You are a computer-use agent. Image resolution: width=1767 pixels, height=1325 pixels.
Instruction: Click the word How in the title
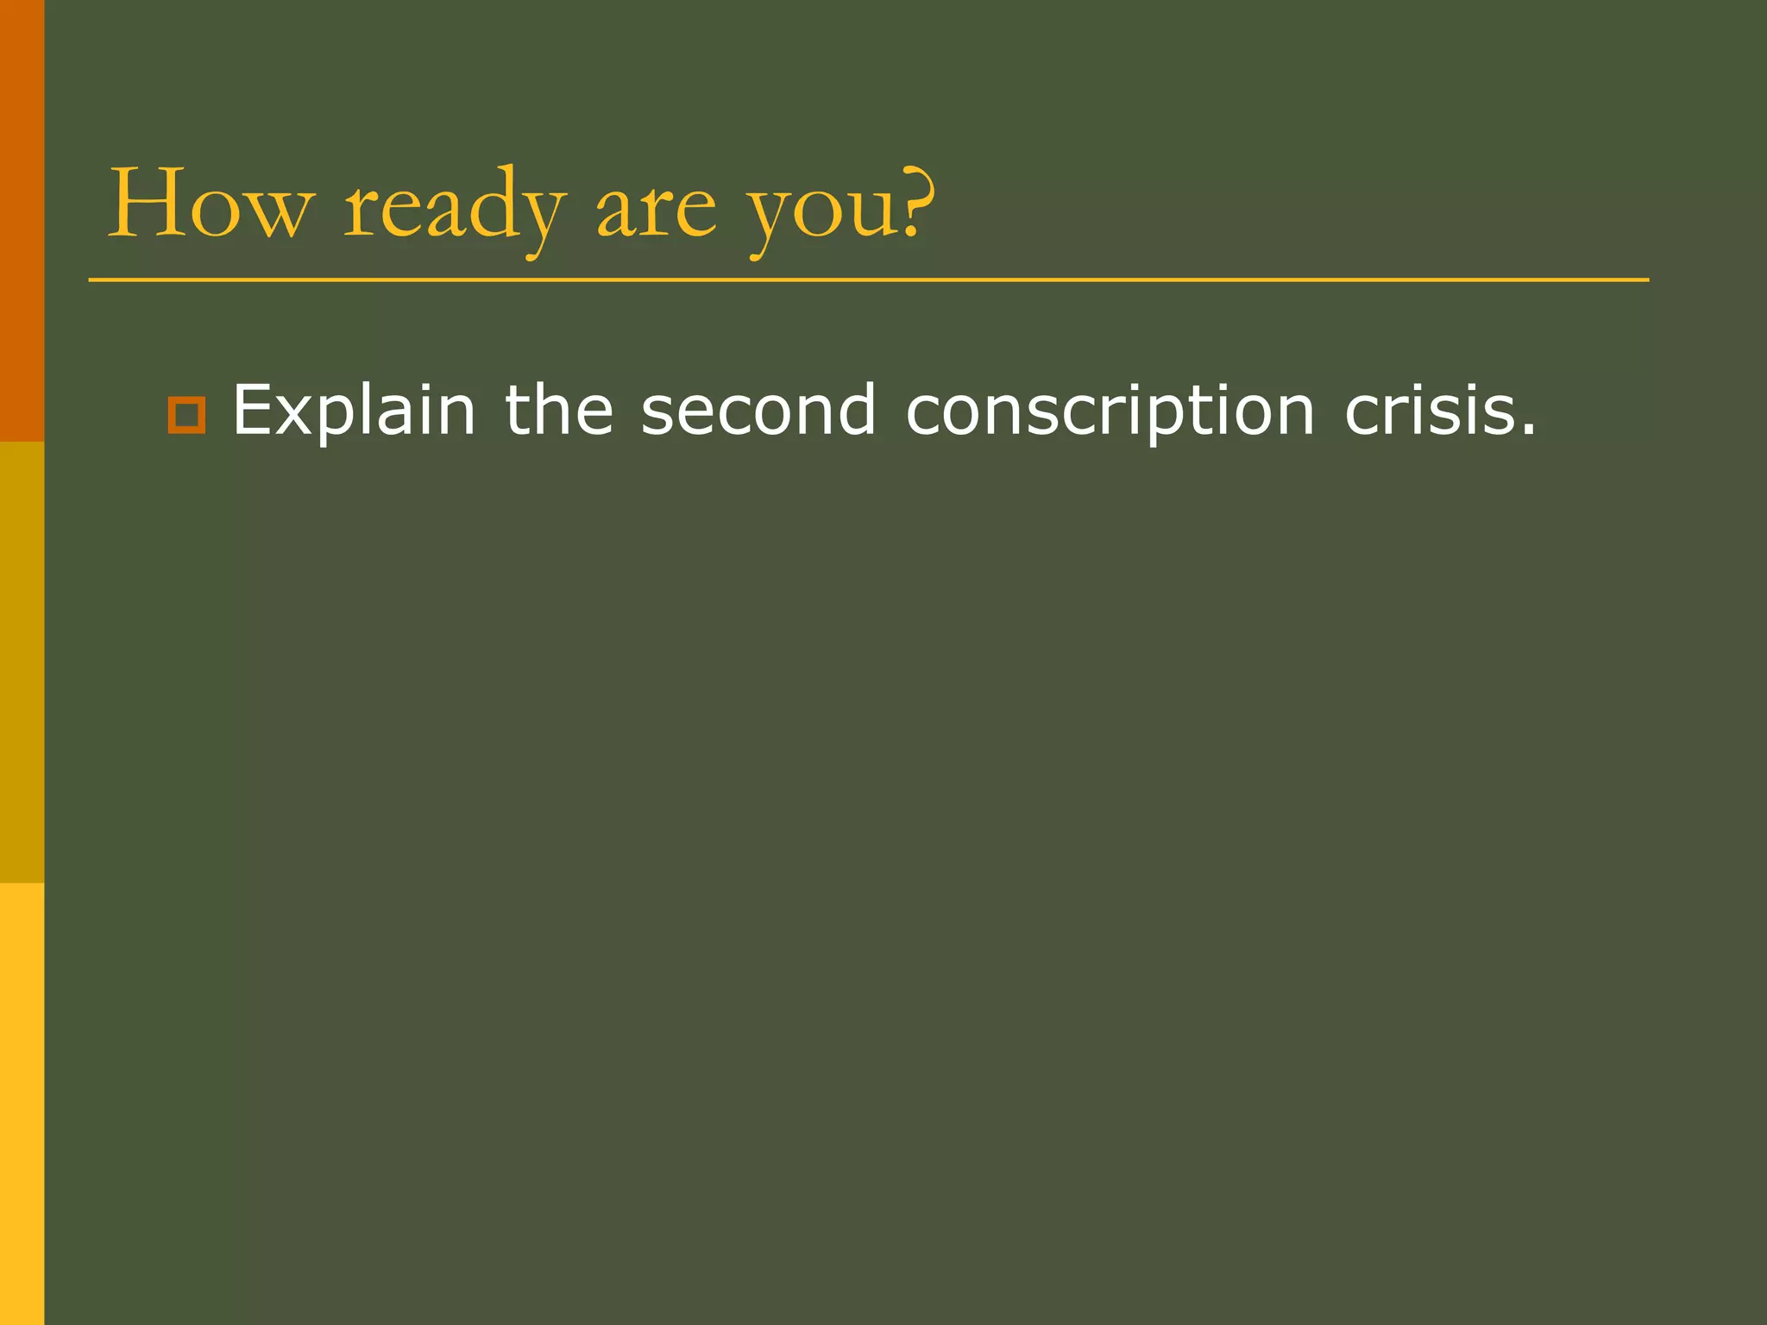[208, 204]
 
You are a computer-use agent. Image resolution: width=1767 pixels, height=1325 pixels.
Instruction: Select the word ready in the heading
[455, 207]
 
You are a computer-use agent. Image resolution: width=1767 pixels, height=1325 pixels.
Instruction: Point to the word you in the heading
[820, 212]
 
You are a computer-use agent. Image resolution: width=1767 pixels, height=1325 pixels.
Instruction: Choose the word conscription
[1110, 411]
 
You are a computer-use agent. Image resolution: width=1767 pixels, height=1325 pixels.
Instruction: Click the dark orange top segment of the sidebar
[22, 221]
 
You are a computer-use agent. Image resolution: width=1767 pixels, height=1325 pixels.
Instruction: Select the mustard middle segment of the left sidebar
[22, 662]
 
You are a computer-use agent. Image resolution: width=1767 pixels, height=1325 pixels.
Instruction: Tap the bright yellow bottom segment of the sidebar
[22, 1104]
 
